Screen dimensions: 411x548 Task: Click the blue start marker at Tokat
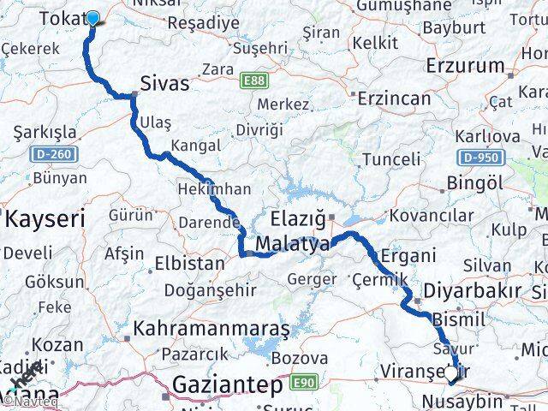92,16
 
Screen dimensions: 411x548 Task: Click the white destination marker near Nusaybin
450,372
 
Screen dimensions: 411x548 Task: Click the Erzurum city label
466,66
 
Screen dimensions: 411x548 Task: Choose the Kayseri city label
45,218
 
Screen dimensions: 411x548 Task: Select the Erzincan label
395,98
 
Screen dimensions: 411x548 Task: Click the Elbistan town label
190,263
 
